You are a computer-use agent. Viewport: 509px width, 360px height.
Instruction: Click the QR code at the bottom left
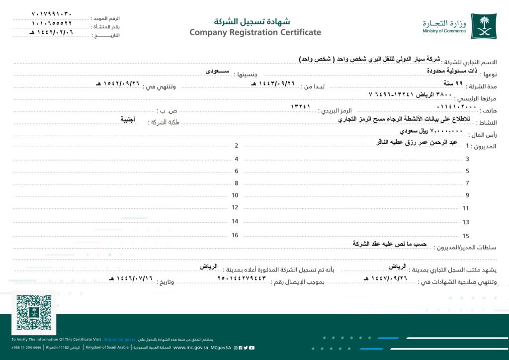34,313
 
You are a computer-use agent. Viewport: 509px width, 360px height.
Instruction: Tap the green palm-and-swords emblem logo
483,26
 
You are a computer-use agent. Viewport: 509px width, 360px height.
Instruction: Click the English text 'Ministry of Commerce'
444,31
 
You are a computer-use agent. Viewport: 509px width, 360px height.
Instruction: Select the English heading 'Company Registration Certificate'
255,33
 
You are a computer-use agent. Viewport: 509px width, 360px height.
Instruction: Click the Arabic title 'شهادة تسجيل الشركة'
252,22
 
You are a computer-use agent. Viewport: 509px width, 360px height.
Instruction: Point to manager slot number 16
235,235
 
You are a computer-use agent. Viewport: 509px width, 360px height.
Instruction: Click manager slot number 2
237,146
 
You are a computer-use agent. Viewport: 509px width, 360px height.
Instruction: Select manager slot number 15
466,236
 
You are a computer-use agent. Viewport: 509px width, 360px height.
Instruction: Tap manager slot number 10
235,195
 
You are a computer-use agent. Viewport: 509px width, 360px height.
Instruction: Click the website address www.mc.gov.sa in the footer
190,348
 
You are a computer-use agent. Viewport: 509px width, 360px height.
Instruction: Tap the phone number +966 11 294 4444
27,348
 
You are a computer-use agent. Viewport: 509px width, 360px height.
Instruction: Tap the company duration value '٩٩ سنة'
453,83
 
